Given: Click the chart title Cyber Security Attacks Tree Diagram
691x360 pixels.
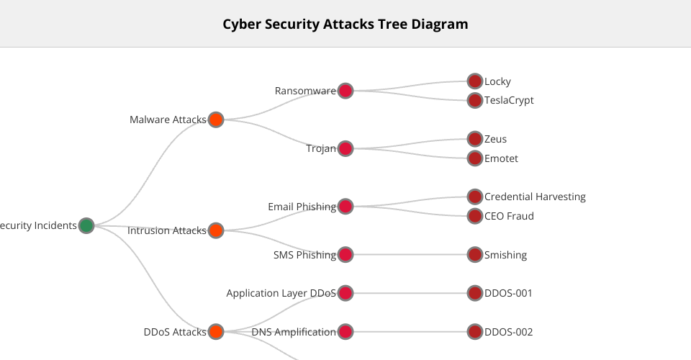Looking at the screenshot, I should coord(345,24).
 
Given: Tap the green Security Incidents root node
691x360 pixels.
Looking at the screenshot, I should coord(86,225).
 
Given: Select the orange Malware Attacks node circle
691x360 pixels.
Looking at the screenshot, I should coord(216,120).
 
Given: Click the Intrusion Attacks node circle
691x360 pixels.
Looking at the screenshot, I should coord(216,230).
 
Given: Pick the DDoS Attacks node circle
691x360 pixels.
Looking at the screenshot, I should coord(216,332).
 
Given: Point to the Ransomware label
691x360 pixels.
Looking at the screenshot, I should coord(305,91).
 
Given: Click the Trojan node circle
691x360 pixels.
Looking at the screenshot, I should coord(345,148).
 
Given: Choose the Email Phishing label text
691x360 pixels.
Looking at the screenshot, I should coord(302,207).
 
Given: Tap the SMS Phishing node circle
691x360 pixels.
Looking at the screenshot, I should coord(345,254).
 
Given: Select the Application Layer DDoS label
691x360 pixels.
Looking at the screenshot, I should coord(281,293).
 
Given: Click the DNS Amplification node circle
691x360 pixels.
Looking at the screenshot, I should coord(345,332).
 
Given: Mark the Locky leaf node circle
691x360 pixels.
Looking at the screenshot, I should coord(474,81).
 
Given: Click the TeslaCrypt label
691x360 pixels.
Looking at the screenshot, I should coord(509,100).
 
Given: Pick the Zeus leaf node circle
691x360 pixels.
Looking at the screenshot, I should coord(474,139).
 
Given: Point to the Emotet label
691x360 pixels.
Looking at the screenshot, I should coord(501,158).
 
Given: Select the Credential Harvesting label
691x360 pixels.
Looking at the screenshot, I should coord(535,197).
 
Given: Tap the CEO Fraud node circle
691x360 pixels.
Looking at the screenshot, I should coord(474,216).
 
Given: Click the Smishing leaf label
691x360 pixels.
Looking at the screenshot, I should coord(505,255).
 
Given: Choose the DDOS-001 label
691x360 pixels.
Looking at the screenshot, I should coord(508,293).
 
